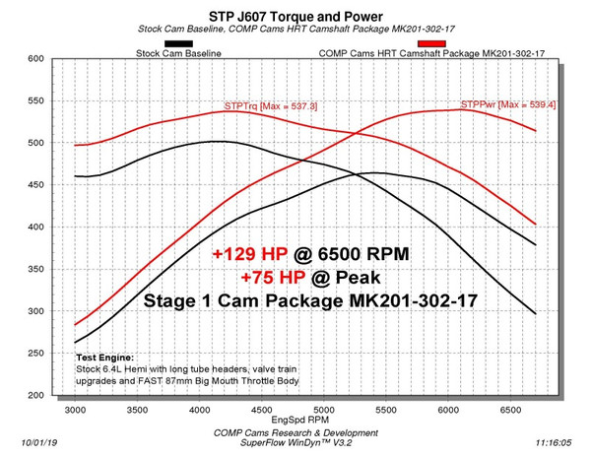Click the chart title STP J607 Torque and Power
[x=295, y=14]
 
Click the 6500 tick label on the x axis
[x=511, y=407]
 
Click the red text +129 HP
[x=248, y=253]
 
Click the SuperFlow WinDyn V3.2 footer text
[x=295, y=445]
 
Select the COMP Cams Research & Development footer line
[x=295, y=433]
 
